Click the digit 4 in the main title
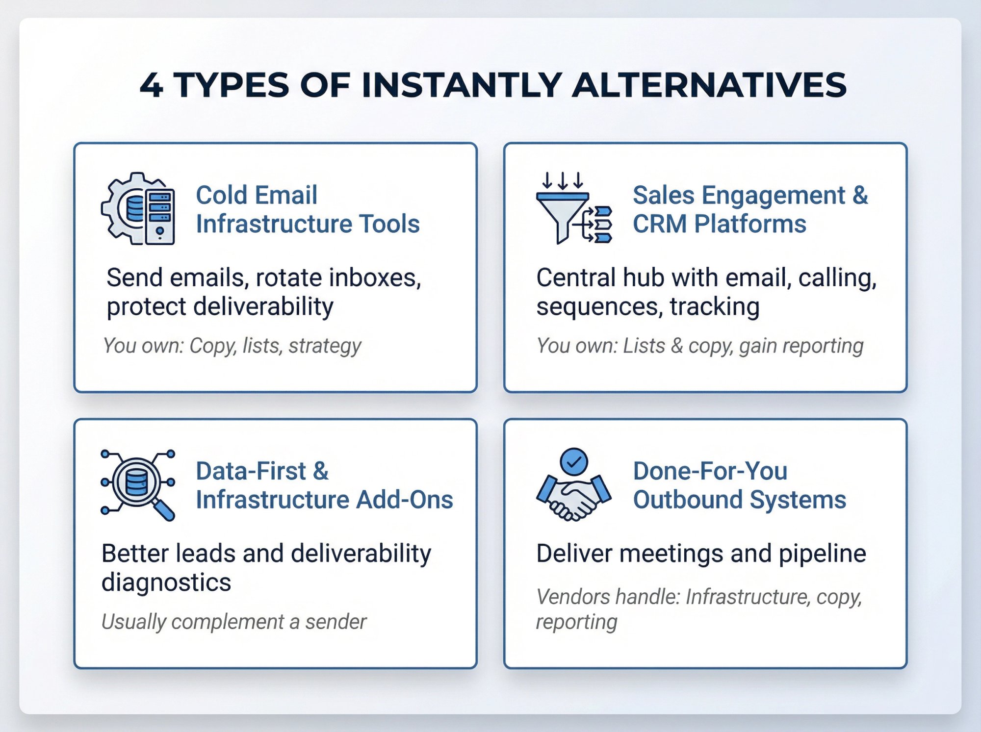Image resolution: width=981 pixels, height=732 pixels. (x=151, y=85)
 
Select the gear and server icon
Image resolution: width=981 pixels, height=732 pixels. (x=138, y=209)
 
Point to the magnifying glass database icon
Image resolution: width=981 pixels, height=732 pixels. (x=138, y=484)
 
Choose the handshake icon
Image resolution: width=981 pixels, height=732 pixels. (x=573, y=498)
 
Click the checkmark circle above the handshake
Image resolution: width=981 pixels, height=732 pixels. (x=573, y=461)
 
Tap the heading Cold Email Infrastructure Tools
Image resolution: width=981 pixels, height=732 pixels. (x=308, y=209)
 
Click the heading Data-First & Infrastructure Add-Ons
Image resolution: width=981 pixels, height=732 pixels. (x=324, y=485)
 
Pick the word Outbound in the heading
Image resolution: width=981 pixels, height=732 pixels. (x=687, y=500)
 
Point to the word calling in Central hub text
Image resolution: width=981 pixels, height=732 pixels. (x=837, y=278)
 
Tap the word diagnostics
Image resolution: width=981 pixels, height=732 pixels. (x=166, y=583)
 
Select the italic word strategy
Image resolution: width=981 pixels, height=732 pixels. (x=325, y=346)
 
